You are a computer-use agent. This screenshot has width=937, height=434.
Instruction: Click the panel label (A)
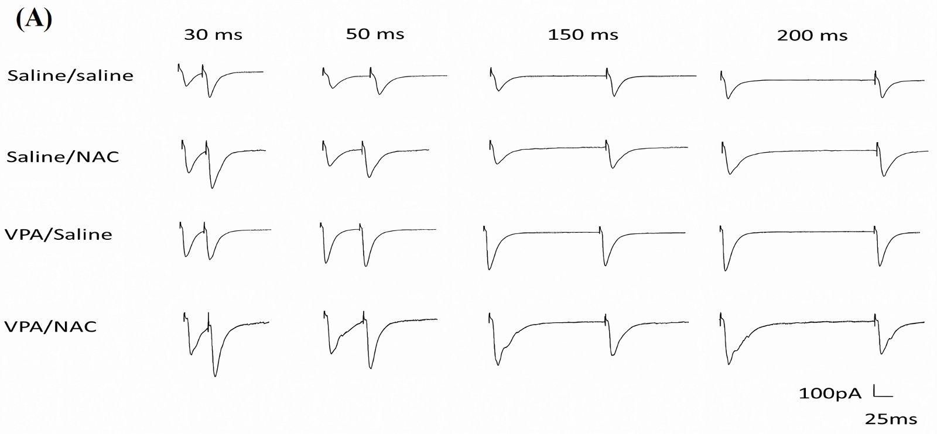[34, 20]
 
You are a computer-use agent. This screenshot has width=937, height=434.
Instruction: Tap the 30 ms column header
[213, 35]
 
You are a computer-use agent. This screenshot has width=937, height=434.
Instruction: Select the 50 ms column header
[375, 34]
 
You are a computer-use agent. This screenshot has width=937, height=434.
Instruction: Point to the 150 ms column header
[583, 35]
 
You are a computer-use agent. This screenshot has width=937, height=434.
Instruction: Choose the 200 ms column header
[812, 36]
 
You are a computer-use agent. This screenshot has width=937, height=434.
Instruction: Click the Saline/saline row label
[70, 75]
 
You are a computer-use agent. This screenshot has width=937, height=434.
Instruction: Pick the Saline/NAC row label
[63, 157]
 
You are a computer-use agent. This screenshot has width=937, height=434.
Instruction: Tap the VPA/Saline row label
[58, 235]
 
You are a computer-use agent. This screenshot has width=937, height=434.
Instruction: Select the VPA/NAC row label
[50, 326]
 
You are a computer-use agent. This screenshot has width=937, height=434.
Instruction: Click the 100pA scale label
[830, 394]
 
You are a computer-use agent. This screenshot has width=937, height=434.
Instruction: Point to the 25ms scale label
[891, 419]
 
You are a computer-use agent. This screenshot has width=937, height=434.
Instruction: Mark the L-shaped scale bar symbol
[882, 392]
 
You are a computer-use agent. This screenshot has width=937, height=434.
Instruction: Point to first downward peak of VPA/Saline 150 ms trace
[490, 269]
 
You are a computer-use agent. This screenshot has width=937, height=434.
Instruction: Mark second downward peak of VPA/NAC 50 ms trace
[371, 368]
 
